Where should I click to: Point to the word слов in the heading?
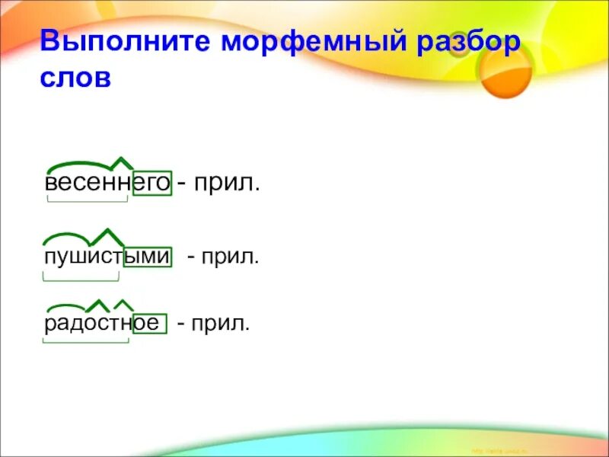click(76, 78)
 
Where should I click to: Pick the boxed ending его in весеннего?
click(152, 184)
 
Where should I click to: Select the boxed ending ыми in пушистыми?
click(147, 257)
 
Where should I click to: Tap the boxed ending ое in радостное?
click(146, 323)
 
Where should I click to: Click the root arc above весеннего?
click(78, 165)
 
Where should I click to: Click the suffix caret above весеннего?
click(121, 162)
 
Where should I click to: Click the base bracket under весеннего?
click(87, 200)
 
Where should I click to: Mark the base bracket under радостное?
click(85, 341)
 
